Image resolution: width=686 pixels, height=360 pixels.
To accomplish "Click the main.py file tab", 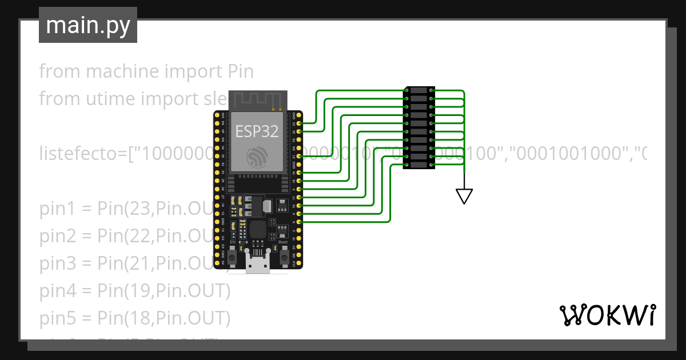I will (87, 25).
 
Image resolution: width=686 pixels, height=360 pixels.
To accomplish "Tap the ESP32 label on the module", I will (257, 131).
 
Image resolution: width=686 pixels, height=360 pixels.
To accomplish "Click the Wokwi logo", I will (607, 315).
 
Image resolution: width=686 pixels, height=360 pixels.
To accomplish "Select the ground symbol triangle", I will (464, 196).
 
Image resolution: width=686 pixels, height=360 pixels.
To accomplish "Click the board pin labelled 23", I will (299, 123).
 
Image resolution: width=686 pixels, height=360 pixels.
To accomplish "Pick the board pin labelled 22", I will (299, 131).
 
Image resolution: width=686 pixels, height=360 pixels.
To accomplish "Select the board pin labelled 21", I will (299, 156).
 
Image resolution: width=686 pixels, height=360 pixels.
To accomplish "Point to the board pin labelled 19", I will (299, 172).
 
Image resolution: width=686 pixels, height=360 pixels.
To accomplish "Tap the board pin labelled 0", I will (299, 221).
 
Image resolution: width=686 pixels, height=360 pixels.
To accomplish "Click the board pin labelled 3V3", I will (217, 115).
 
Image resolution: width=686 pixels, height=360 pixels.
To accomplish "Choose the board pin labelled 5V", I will (217, 263).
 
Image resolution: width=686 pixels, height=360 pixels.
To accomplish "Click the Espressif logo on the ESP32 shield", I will (257, 157).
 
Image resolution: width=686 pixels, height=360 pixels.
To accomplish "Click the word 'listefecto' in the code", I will (85, 154).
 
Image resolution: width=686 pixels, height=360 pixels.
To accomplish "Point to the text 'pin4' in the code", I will (57, 291).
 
